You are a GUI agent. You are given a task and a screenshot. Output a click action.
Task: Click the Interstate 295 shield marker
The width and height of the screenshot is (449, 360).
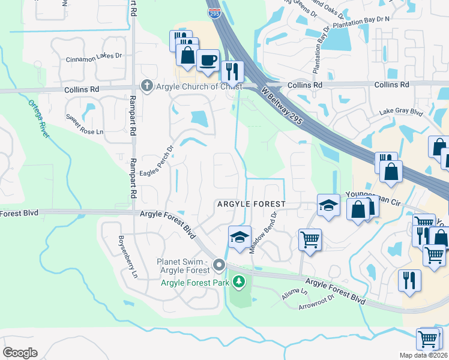click(213, 13)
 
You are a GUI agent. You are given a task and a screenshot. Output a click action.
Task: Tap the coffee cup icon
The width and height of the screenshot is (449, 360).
click(208, 61)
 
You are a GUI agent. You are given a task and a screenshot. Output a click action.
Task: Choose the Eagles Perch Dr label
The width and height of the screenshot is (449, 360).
click(157, 163)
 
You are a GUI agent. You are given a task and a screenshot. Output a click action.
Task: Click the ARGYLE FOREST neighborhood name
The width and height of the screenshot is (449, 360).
click(250, 205)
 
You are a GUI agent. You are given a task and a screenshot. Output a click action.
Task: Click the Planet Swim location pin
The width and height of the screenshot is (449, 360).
click(220, 265)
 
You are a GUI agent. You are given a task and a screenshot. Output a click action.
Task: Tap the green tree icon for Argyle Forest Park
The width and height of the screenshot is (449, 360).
click(239, 281)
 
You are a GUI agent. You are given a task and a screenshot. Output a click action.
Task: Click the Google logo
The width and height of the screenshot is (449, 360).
click(20, 352)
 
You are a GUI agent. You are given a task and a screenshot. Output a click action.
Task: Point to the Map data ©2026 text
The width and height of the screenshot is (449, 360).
click(424, 355)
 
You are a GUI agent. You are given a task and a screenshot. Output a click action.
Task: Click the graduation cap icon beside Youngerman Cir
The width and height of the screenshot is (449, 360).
click(328, 206)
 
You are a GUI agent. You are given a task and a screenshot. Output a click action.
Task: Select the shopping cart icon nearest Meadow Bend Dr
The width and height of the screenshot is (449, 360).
click(310, 239)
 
